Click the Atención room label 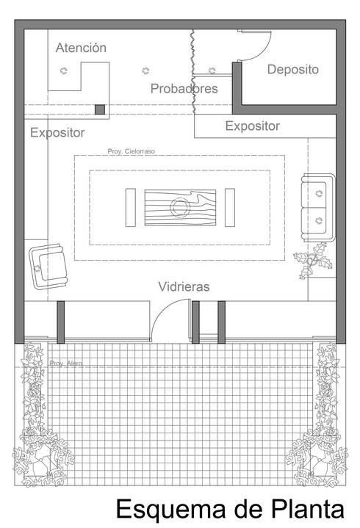click(x=81, y=48)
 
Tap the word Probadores click(x=184, y=89)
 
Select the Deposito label click(x=292, y=70)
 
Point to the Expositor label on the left click(x=57, y=133)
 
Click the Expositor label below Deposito click(x=252, y=126)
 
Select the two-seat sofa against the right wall click(x=317, y=206)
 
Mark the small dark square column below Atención click(x=100, y=109)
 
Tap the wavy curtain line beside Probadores click(x=193, y=70)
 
